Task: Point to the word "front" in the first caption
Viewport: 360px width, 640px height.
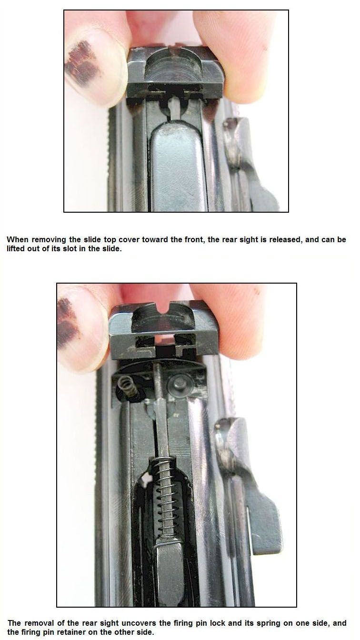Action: click(x=194, y=239)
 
